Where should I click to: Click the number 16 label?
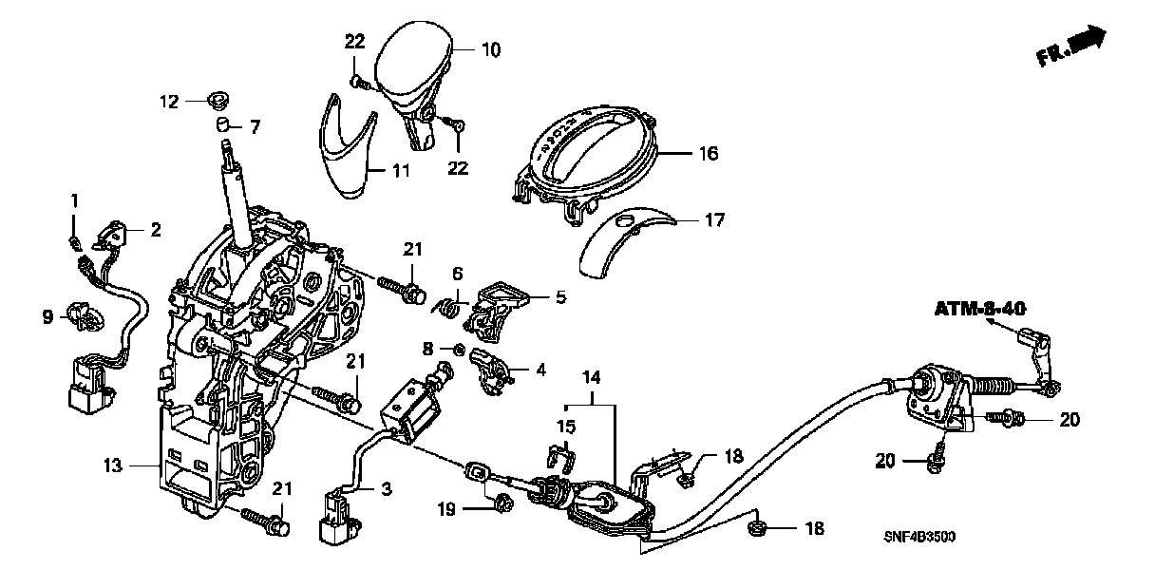[x=709, y=152]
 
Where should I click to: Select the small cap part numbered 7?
[x=223, y=125]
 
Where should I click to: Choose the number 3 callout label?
[x=386, y=488]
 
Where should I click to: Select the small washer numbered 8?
[x=458, y=351]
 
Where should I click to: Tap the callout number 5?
[x=560, y=296]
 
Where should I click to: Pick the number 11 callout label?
[x=401, y=172]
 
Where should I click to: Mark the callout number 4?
[x=540, y=370]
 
